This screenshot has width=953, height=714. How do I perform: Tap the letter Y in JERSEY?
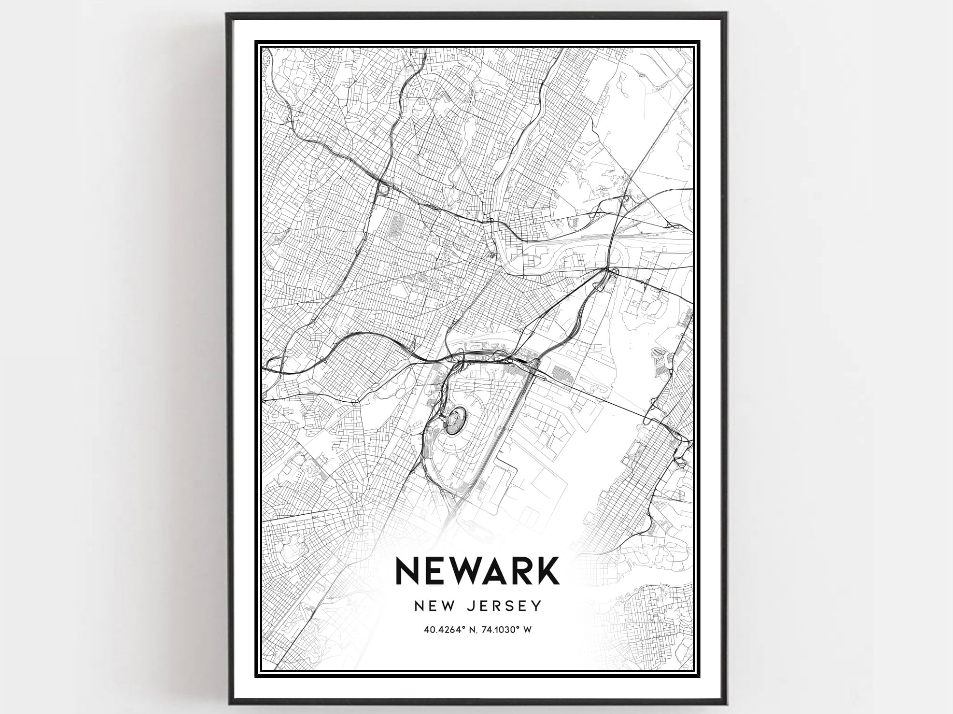537,606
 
